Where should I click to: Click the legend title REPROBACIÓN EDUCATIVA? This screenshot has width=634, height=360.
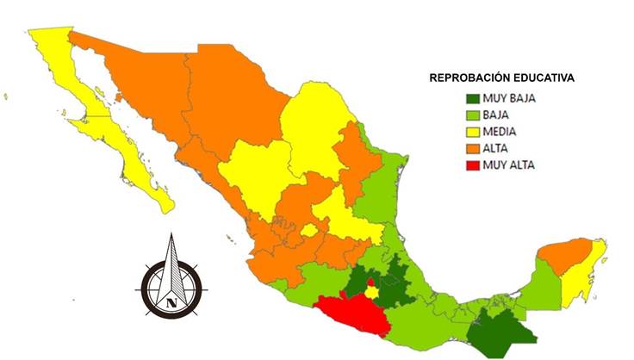[502, 78]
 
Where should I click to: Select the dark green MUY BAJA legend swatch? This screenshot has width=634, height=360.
[469, 99]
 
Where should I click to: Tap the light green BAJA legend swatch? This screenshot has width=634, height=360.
[469, 115]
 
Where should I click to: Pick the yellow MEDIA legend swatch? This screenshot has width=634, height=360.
[469, 132]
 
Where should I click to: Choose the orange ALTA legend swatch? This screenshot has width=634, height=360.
[469, 148]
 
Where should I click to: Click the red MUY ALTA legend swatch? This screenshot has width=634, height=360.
[469, 164]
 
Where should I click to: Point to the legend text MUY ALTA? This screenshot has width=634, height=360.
[510, 164]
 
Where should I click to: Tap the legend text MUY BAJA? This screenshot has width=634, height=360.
[510, 99]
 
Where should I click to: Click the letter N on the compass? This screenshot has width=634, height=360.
[171, 302]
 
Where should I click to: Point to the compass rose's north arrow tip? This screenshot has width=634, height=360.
[171, 236]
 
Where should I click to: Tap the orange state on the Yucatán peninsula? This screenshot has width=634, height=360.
[565, 256]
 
